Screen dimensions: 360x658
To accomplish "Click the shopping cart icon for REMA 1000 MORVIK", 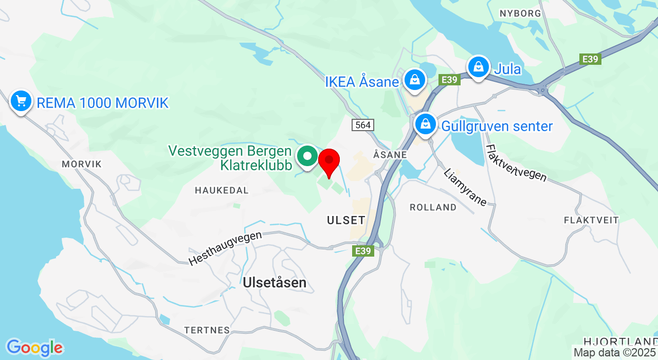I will tap(21, 101).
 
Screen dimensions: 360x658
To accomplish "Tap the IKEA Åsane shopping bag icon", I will tap(414, 79).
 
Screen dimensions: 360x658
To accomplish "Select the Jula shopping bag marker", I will tap(478, 67).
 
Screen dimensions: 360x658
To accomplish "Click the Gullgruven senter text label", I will tap(497, 126).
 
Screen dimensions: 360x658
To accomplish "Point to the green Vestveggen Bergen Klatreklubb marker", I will tap(308, 155).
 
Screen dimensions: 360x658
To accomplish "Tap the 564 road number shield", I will tap(363, 124).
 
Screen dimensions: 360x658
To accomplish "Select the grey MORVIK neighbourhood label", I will tap(81, 164).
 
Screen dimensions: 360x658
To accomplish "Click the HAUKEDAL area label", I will tap(222, 190).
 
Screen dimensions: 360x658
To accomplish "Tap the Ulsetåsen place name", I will tap(275, 282).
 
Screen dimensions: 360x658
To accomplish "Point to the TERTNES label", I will tap(207, 330).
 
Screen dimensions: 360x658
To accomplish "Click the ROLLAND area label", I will tap(433, 207).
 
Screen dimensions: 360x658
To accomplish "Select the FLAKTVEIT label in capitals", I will tap(591, 220).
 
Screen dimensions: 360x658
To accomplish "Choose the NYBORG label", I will tap(520, 13).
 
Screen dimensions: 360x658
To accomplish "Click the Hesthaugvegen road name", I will tap(225, 248).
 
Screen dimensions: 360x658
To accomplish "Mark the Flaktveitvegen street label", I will tap(516, 163).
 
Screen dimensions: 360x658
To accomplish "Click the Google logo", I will tap(34, 348).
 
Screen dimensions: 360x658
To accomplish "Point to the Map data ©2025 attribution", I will tap(615, 353).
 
